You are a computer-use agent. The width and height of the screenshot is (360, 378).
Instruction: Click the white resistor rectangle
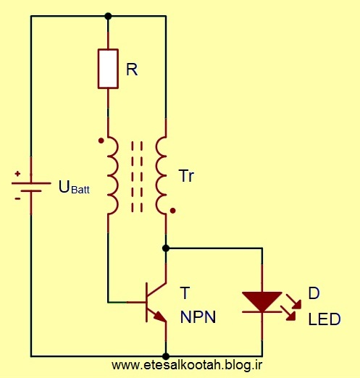click(108, 69)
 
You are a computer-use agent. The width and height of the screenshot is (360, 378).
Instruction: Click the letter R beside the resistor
click(132, 70)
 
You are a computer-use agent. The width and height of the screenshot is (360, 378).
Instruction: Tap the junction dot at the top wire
click(108, 16)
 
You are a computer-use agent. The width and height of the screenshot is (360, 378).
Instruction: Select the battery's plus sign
click(17, 174)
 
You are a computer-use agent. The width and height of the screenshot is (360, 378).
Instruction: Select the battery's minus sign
click(17, 199)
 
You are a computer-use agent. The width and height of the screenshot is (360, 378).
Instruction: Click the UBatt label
click(74, 187)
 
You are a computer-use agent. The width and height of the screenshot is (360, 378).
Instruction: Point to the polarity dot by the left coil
click(101, 140)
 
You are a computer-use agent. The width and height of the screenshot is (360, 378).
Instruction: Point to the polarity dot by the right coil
click(172, 211)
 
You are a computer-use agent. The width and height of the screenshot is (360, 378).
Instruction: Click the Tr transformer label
click(187, 176)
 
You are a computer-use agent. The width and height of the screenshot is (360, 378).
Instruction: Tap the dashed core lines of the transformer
click(137, 177)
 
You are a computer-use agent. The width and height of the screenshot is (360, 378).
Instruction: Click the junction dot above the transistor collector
click(166, 248)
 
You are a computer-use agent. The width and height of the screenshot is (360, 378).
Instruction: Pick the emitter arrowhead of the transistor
click(160, 316)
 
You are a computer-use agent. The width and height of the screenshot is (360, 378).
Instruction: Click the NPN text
click(198, 317)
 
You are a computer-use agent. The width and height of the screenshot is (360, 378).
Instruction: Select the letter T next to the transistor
click(185, 293)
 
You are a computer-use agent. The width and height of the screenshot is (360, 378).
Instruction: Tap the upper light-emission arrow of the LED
click(294, 301)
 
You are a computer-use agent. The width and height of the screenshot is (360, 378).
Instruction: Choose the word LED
click(325, 319)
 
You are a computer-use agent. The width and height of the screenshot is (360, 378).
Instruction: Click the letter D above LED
click(314, 293)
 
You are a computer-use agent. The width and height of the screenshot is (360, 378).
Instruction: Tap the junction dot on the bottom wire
click(166, 356)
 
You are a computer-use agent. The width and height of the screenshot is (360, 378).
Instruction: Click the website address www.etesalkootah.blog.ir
click(187, 365)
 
